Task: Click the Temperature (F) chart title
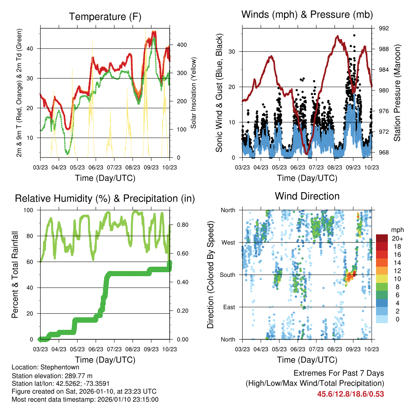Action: click(105, 17)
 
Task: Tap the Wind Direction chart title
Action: click(307, 196)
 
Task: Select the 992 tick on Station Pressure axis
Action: click(384, 28)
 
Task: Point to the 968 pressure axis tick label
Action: click(384, 153)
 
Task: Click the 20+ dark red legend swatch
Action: click(382, 238)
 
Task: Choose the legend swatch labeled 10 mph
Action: click(382, 279)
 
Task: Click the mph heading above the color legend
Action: click(397, 230)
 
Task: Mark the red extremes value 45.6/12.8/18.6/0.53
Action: click(351, 394)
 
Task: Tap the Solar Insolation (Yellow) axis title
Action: click(194, 93)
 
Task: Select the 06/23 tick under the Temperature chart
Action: click(95, 167)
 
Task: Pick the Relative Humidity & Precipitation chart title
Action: click(105, 198)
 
